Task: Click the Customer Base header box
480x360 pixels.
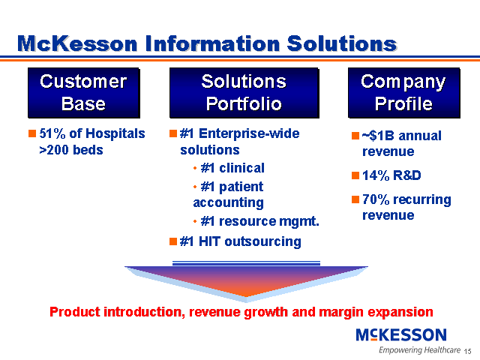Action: (84, 93)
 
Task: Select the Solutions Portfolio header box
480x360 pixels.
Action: (244, 93)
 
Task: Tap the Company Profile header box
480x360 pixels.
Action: (404, 93)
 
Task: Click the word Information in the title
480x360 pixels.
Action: (212, 43)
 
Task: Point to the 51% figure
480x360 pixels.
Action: (52, 133)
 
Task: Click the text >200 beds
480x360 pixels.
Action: (71, 150)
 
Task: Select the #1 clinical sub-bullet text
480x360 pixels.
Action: (232, 168)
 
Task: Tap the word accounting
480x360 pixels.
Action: (228, 202)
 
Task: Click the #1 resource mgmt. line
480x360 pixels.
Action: (259, 221)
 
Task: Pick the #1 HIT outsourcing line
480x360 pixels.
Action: (240, 241)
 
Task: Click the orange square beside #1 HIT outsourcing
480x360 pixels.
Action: (173, 241)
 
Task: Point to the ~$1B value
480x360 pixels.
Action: (378, 136)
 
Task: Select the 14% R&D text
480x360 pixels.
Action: (391, 175)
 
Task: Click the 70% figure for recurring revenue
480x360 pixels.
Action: (376, 199)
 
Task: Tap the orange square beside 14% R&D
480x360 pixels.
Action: (355, 175)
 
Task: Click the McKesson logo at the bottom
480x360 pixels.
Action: (401, 334)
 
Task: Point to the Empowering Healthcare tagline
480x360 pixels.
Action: (419, 350)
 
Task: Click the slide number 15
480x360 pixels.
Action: (468, 352)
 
